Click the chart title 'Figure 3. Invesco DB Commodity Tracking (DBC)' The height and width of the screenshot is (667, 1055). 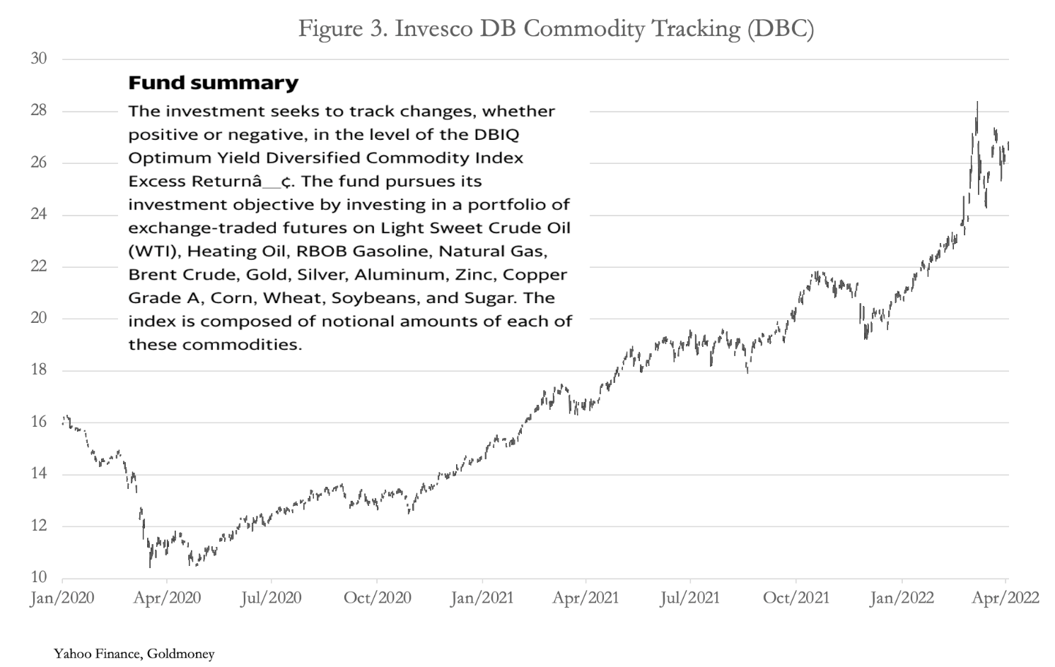click(556, 29)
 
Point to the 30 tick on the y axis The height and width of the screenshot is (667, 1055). click(39, 59)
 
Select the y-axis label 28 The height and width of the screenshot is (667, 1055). click(39, 111)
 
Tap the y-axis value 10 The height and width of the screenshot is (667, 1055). click(39, 577)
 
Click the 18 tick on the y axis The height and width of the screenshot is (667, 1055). click(39, 370)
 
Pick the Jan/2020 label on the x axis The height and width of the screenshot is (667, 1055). click(62, 598)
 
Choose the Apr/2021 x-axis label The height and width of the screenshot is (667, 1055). click(585, 598)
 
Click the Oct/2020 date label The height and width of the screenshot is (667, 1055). click(378, 598)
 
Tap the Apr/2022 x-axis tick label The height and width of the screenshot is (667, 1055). click(1006, 598)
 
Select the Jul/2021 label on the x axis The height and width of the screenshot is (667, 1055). click(689, 598)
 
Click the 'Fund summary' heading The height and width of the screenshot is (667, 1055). click(213, 83)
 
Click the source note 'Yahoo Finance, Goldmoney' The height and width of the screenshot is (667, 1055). click(134, 654)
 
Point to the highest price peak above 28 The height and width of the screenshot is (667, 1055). click(977, 103)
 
